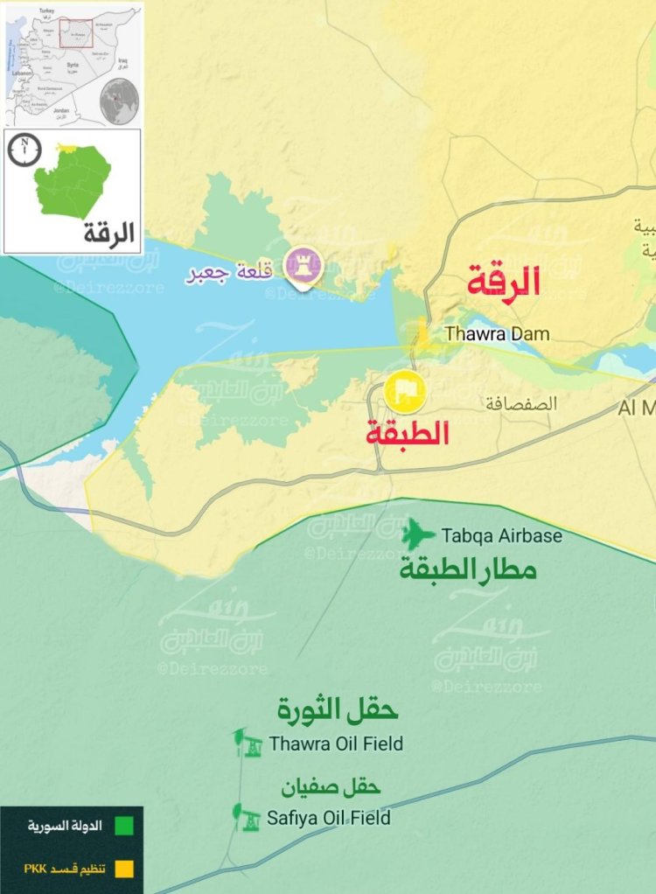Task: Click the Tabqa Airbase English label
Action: pyautogui.click(x=501, y=535)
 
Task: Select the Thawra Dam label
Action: pyautogui.click(x=497, y=333)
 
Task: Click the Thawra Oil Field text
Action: pyautogui.click(x=336, y=744)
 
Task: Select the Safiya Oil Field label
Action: pyautogui.click(x=330, y=819)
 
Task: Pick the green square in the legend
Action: pyautogui.click(x=124, y=825)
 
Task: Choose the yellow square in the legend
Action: pyautogui.click(x=124, y=869)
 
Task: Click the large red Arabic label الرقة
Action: pyautogui.click(x=503, y=282)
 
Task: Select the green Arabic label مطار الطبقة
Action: pyautogui.click(x=468, y=571)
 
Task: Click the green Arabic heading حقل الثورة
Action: pyautogui.click(x=337, y=711)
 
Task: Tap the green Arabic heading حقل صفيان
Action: pyautogui.click(x=330, y=787)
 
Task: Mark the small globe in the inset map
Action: pyautogui.click(x=119, y=100)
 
